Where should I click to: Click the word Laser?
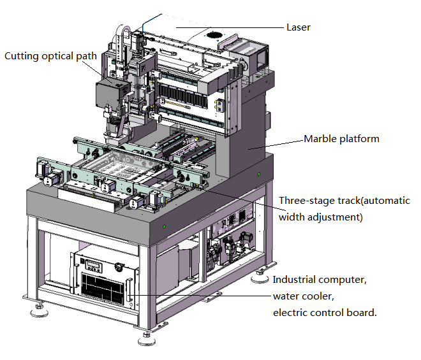point(299,27)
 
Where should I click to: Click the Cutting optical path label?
point(50,56)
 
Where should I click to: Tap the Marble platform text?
point(341,139)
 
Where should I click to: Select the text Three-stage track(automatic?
point(344,201)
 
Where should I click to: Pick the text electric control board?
point(325,312)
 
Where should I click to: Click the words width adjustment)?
point(321,217)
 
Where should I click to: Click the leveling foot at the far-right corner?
point(260,277)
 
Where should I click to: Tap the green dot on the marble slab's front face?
point(165,226)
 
